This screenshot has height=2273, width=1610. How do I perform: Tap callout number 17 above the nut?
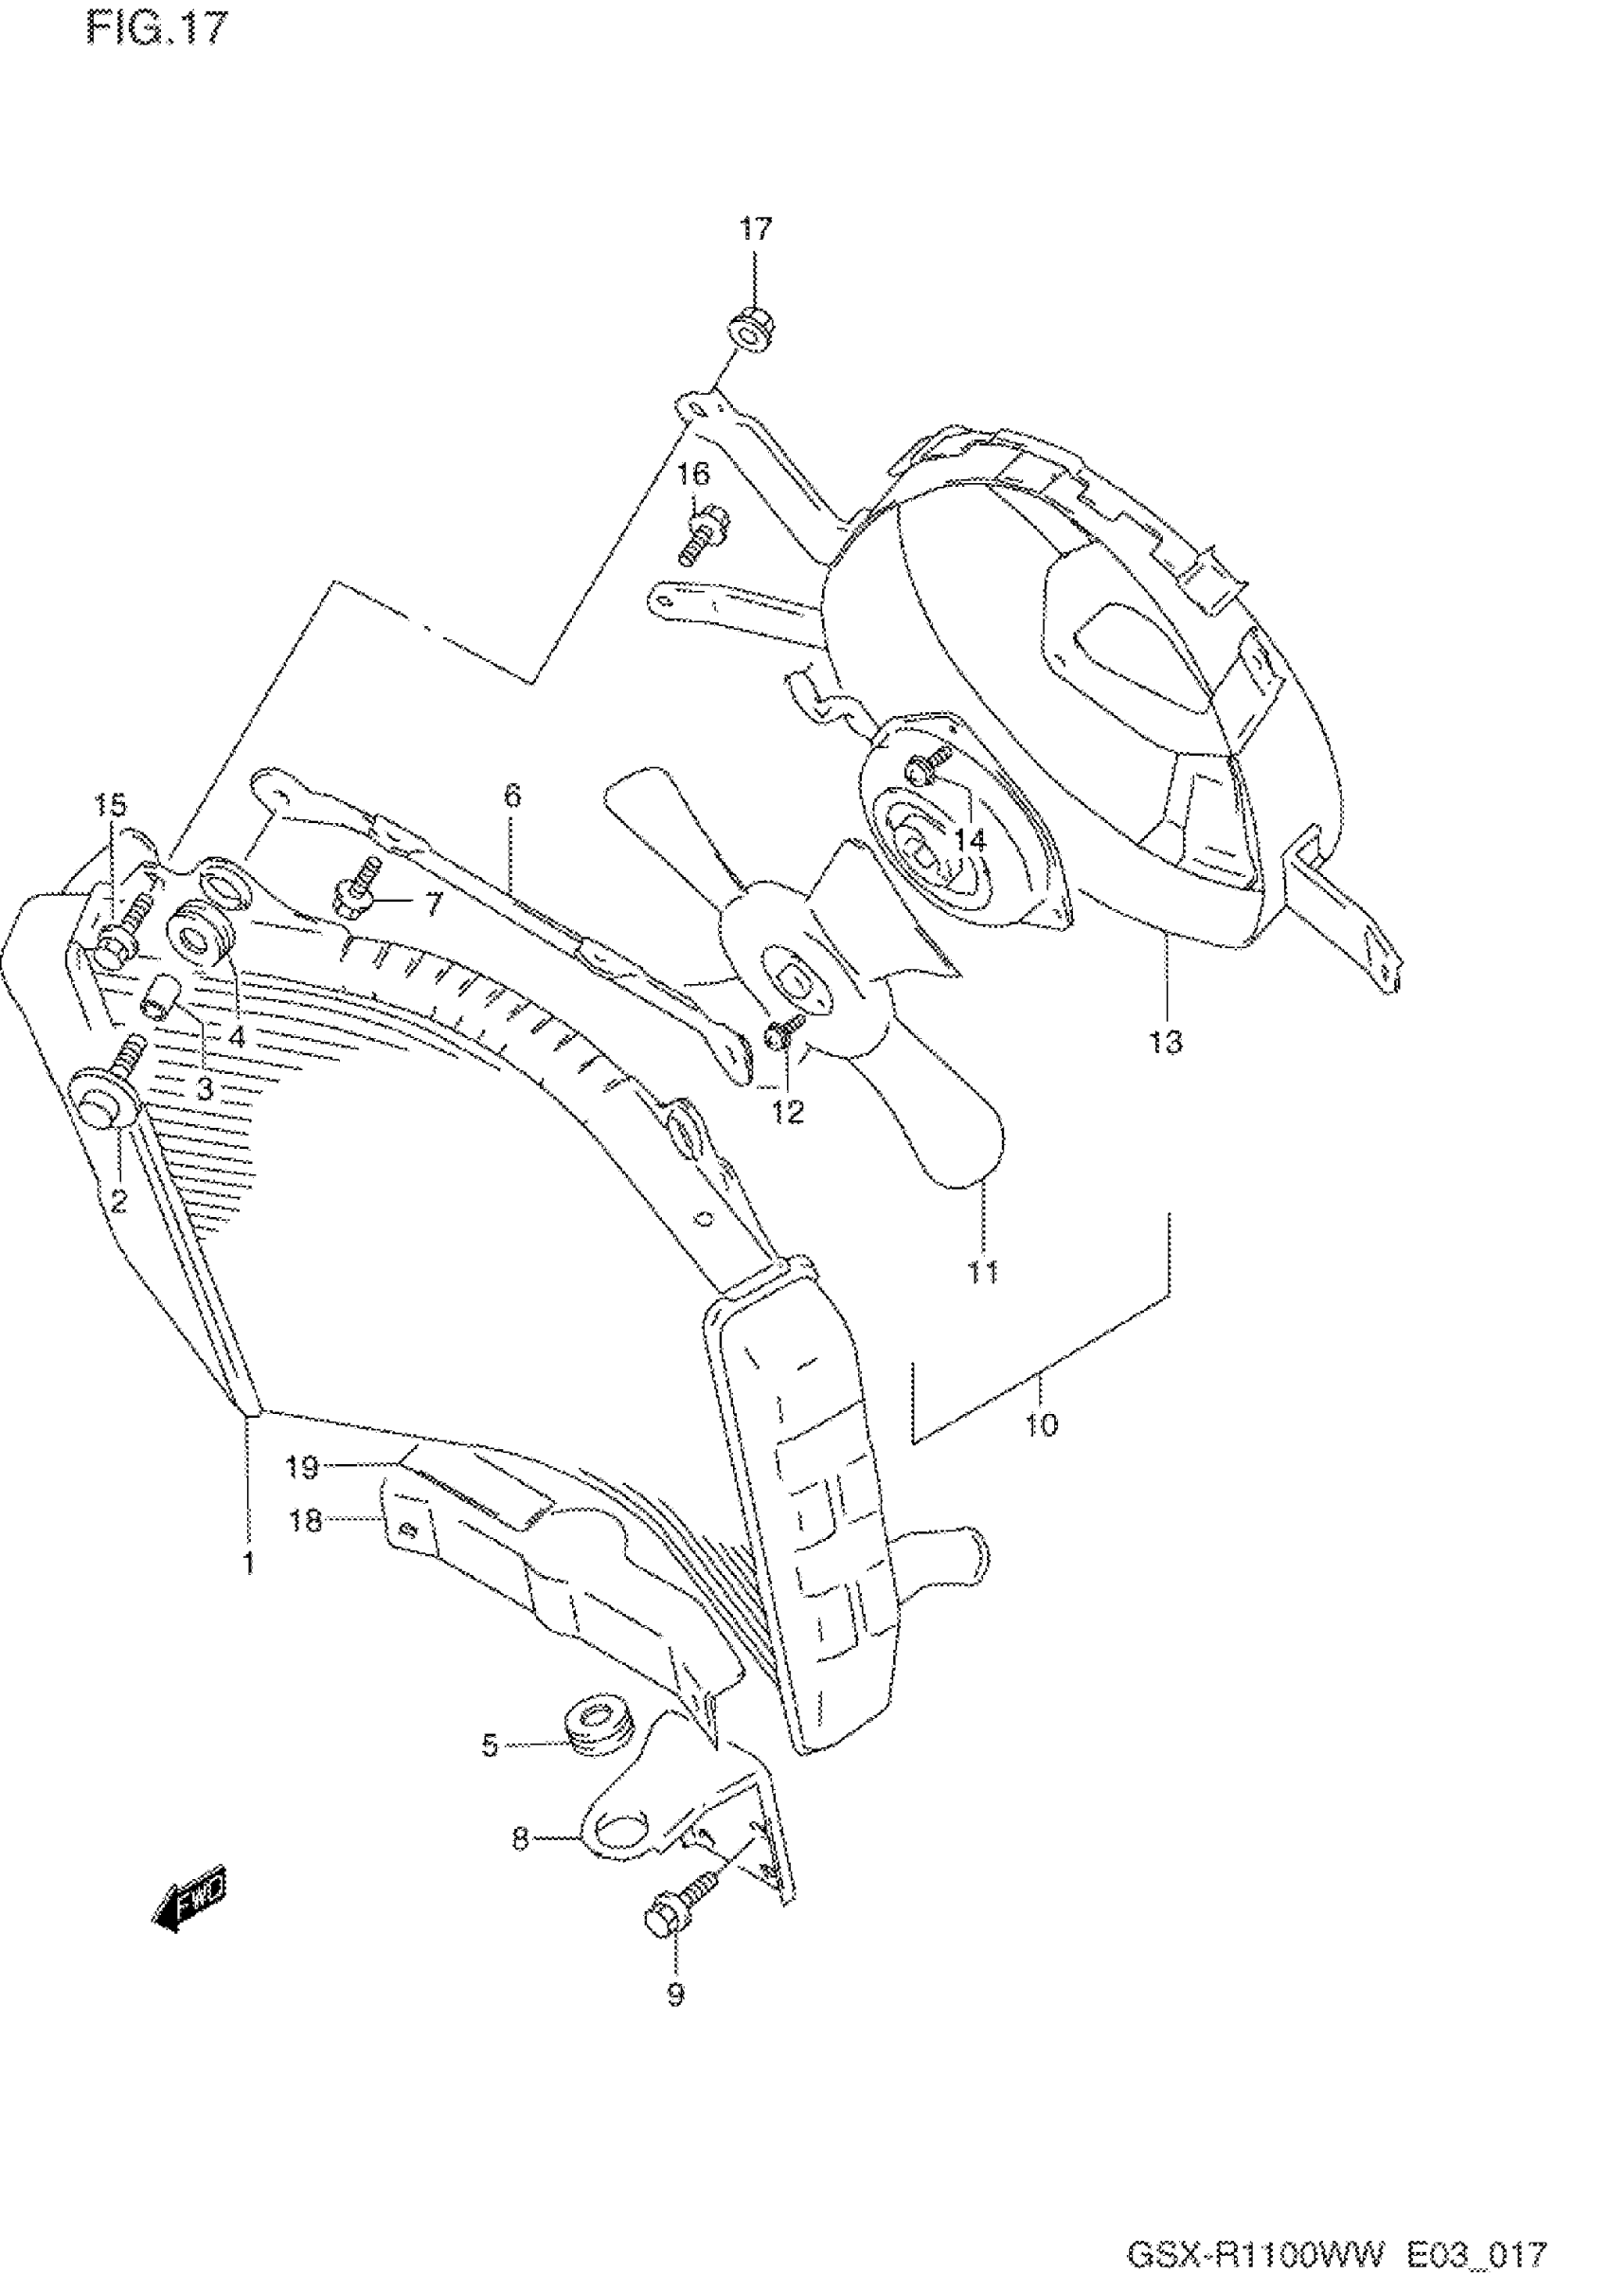[x=755, y=230]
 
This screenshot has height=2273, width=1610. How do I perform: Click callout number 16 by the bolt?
[x=694, y=474]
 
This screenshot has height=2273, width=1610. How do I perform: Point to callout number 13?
[x=1167, y=1042]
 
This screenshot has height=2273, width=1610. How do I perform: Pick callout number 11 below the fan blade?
[x=982, y=1272]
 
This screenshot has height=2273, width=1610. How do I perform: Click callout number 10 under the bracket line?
[x=1041, y=1425]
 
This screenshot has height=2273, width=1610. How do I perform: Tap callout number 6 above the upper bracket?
[x=511, y=795]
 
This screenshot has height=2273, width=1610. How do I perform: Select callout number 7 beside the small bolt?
[x=432, y=904]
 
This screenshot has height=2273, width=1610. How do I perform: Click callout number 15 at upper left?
[x=111, y=806]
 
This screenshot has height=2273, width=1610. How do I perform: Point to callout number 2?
[x=119, y=1202]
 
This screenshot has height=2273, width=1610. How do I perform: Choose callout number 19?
[x=303, y=1467]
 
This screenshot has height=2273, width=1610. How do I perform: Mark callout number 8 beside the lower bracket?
[x=520, y=1840]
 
